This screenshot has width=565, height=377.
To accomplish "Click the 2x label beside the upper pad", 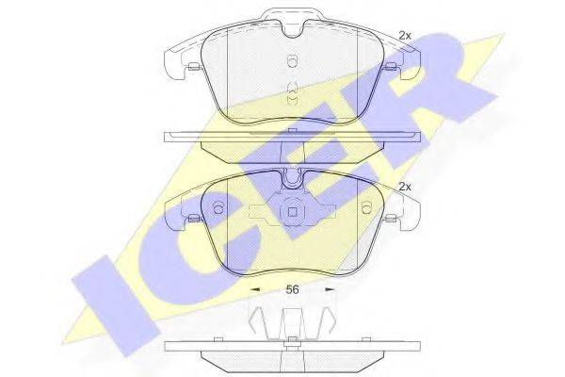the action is click(x=405, y=36).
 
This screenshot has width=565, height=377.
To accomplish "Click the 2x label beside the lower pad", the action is click(x=405, y=187).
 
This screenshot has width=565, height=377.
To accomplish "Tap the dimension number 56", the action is click(x=292, y=289).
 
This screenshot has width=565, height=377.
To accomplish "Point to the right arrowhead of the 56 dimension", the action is click(x=330, y=289).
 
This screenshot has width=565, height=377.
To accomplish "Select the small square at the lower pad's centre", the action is click(x=292, y=212).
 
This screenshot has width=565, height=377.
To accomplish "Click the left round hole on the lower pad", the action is click(x=218, y=207).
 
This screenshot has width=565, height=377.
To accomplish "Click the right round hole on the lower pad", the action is click(x=366, y=207).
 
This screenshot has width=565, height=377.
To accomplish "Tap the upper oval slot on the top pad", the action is click(x=292, y=60).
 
